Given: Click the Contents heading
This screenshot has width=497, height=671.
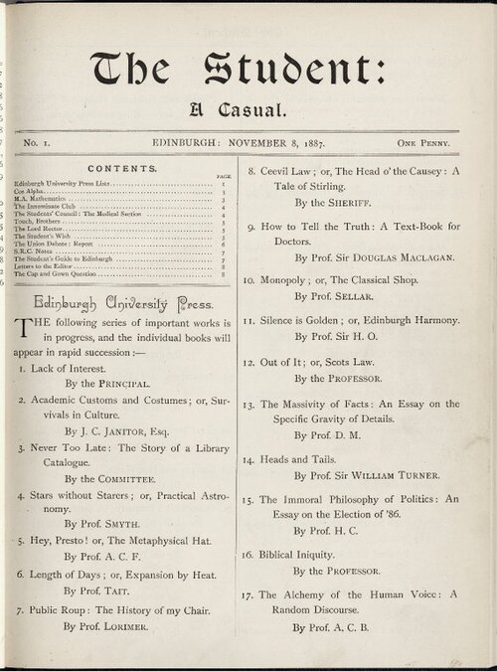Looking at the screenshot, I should (x=121, y=169).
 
